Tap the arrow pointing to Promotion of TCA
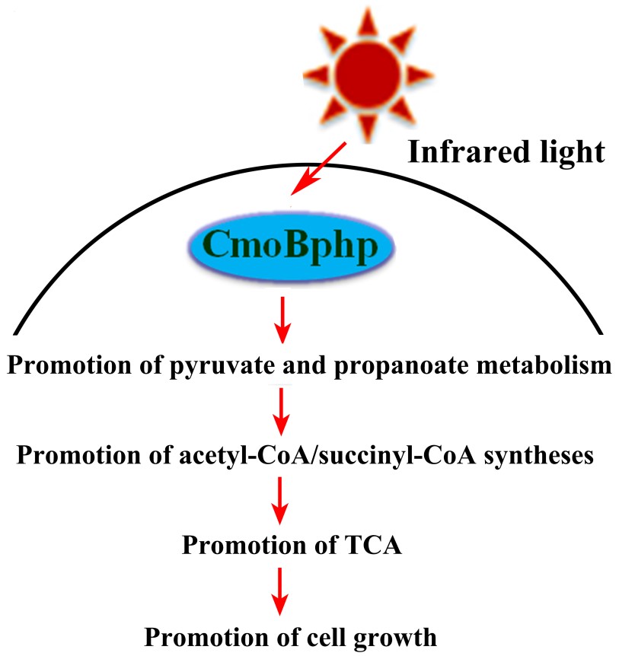tap(282, 499)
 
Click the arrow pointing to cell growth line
tap(282, 590)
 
